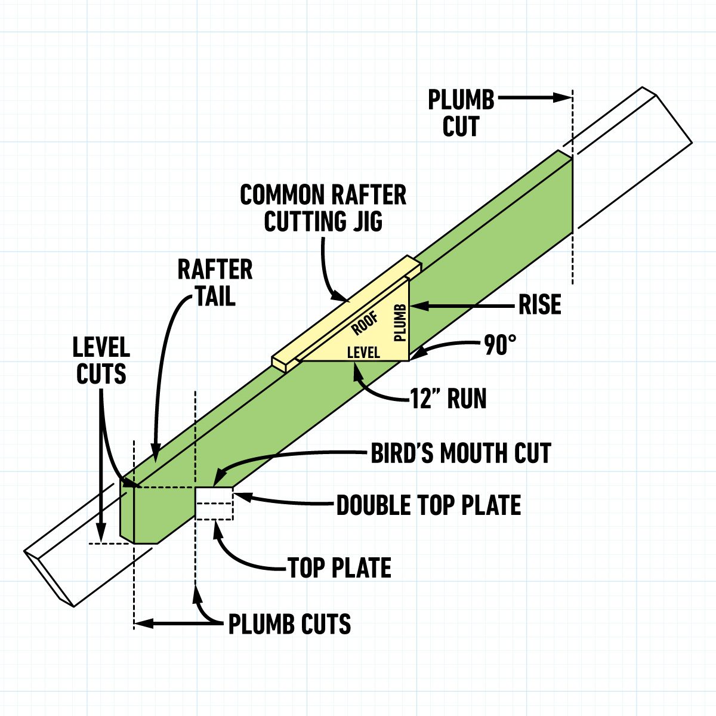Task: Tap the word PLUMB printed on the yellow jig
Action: click(x=400, y=322)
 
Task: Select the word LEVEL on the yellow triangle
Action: click(x=363, y=353)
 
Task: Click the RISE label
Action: click(x=539, y=305)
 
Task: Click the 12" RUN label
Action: click(x=448, y=399)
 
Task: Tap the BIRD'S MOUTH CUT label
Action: click(x=461, y=453)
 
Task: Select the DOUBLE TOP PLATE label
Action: click(x=428, y=505)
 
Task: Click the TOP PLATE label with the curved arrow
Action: click(x=340, y=568)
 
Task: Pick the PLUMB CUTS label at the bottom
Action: click(x=290, y=624)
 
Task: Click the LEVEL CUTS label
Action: click(x=101, y=360)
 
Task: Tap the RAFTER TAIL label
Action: click(x=215, y=282)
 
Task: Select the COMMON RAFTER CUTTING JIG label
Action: click(x=323, y=208)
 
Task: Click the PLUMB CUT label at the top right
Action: click(x=461, y=113)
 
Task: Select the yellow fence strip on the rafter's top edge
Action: click(x=346, y=313)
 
